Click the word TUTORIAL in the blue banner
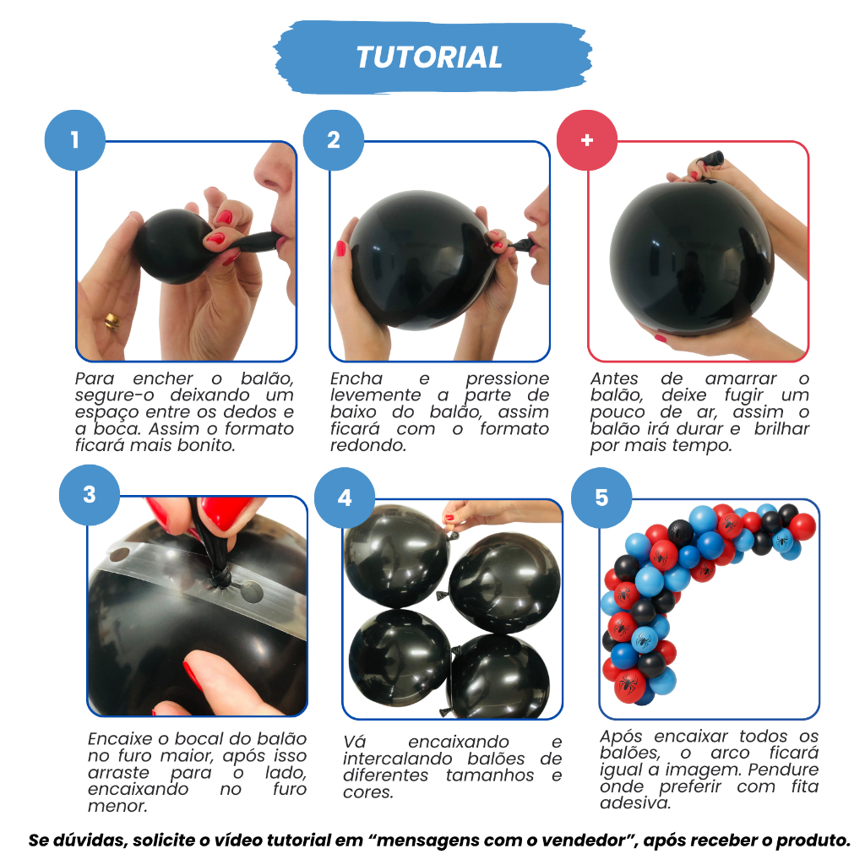click(429, 57)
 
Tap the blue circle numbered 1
click(75, 140)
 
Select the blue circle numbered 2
click(334, 140)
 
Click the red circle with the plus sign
click(587, 140)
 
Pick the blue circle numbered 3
click(90, 495)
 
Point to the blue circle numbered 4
click(345, 498)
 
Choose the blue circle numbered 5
click(601, 498)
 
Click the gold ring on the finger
click(112, 321)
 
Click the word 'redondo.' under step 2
click(368, 445)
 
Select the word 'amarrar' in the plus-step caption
click(740, 379)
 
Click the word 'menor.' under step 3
click(117, 806)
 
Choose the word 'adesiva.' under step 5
click(635, 802)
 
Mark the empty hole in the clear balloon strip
click(252, 592)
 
